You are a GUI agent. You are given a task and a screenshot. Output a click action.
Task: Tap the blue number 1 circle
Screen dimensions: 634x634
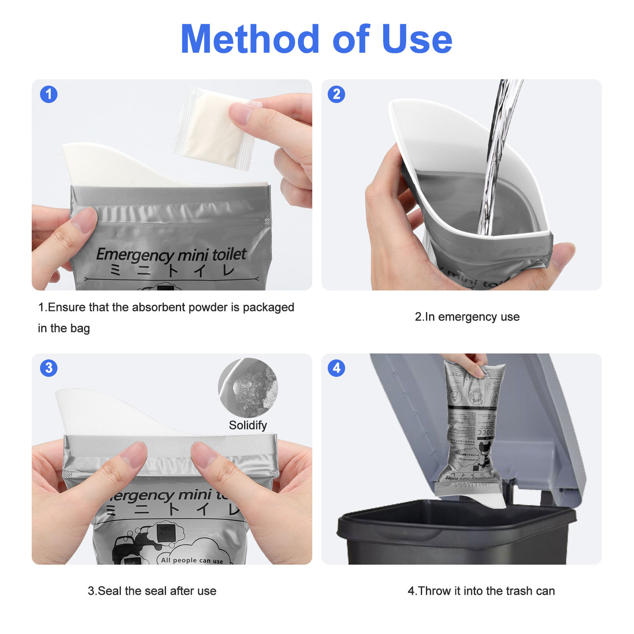click(x=49, y=94)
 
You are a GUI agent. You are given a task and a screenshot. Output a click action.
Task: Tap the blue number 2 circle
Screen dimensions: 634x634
click(x=336, y=94)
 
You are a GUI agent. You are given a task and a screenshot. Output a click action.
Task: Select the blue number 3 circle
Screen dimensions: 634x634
click(x=49, y=368)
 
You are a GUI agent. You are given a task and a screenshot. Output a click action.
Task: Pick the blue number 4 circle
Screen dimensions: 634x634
click(x=336, y=368)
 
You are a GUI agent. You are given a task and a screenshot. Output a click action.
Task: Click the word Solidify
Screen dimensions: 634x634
click(x=248, y=425)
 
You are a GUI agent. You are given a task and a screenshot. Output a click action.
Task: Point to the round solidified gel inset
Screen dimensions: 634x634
click(x=248, y=388)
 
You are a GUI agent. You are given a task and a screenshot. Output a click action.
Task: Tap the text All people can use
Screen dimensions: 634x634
click(x=192, y=560)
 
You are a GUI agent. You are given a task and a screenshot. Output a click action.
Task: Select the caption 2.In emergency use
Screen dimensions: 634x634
click(x=467, y=317)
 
